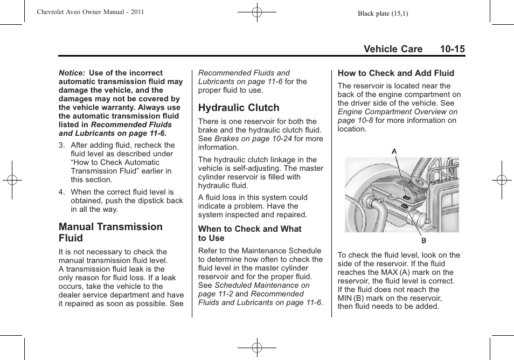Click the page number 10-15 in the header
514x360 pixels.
(452, 49)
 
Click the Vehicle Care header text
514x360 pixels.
(393, 49)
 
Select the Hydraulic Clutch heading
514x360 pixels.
(239, 108)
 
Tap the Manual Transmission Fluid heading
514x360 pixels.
(110, 232)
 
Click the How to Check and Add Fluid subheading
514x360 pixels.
(396, 73)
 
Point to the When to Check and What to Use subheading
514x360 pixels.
(249, 233)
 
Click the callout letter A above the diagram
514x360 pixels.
(394, 151)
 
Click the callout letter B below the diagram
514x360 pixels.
(423, 240)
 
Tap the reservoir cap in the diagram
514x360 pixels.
(418, 186)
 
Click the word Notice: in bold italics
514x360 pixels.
(72, 73)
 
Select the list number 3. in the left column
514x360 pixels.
(62, 145)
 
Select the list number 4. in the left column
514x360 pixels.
(62, 192)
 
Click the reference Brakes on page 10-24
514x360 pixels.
(253, 139)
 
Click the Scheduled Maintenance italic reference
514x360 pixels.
(262, 285)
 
